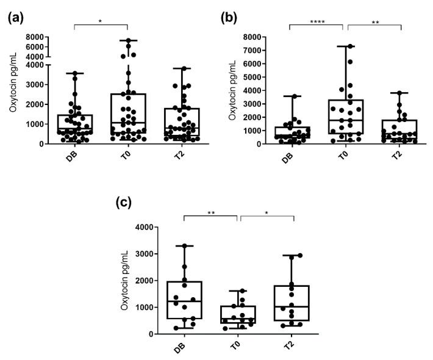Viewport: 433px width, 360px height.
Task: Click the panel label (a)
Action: coord(16,18)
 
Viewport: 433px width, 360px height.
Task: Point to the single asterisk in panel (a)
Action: coord(101,21)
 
